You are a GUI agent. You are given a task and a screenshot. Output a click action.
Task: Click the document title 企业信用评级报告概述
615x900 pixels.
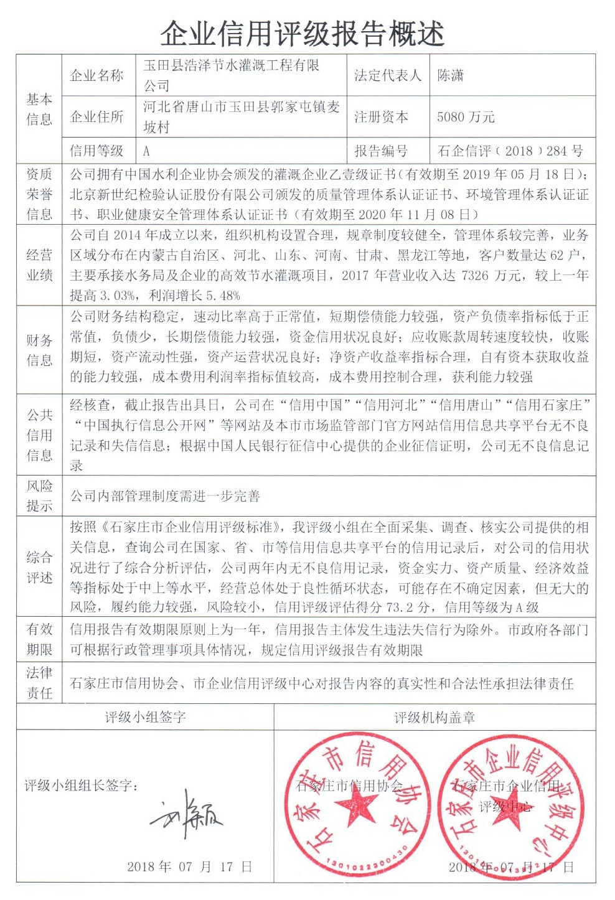coord(303,32)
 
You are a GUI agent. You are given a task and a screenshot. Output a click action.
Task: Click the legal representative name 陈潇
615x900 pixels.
coord(451,76)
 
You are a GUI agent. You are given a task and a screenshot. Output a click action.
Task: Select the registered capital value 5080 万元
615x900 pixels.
coord(466,116)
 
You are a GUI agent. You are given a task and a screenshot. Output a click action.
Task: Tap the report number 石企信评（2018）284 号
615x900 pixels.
coord(510,151)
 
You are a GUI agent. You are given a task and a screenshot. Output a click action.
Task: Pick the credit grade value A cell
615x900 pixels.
coord(147,151)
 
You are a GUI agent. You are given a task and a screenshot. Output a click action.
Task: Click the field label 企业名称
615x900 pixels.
coord(97,76)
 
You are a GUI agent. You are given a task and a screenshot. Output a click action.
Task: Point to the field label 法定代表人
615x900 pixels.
coord(388,76)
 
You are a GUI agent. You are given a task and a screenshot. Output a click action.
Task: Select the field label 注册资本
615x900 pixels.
coord(381,116)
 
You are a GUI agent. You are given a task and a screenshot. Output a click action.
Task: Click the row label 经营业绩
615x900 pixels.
coord(39,265)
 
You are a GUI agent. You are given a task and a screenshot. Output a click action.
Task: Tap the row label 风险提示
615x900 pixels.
coord(39,496)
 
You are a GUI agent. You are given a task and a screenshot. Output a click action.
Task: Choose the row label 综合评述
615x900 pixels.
coord(39,568)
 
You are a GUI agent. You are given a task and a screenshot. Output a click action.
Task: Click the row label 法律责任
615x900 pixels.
coord(39,683)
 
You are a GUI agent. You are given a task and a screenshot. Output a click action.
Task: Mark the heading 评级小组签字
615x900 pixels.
coord(145,718)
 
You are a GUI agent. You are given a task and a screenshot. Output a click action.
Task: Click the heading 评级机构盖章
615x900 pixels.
coord(434,718)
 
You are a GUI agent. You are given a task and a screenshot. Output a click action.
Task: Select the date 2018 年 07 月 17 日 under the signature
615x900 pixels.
coord(189,866)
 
